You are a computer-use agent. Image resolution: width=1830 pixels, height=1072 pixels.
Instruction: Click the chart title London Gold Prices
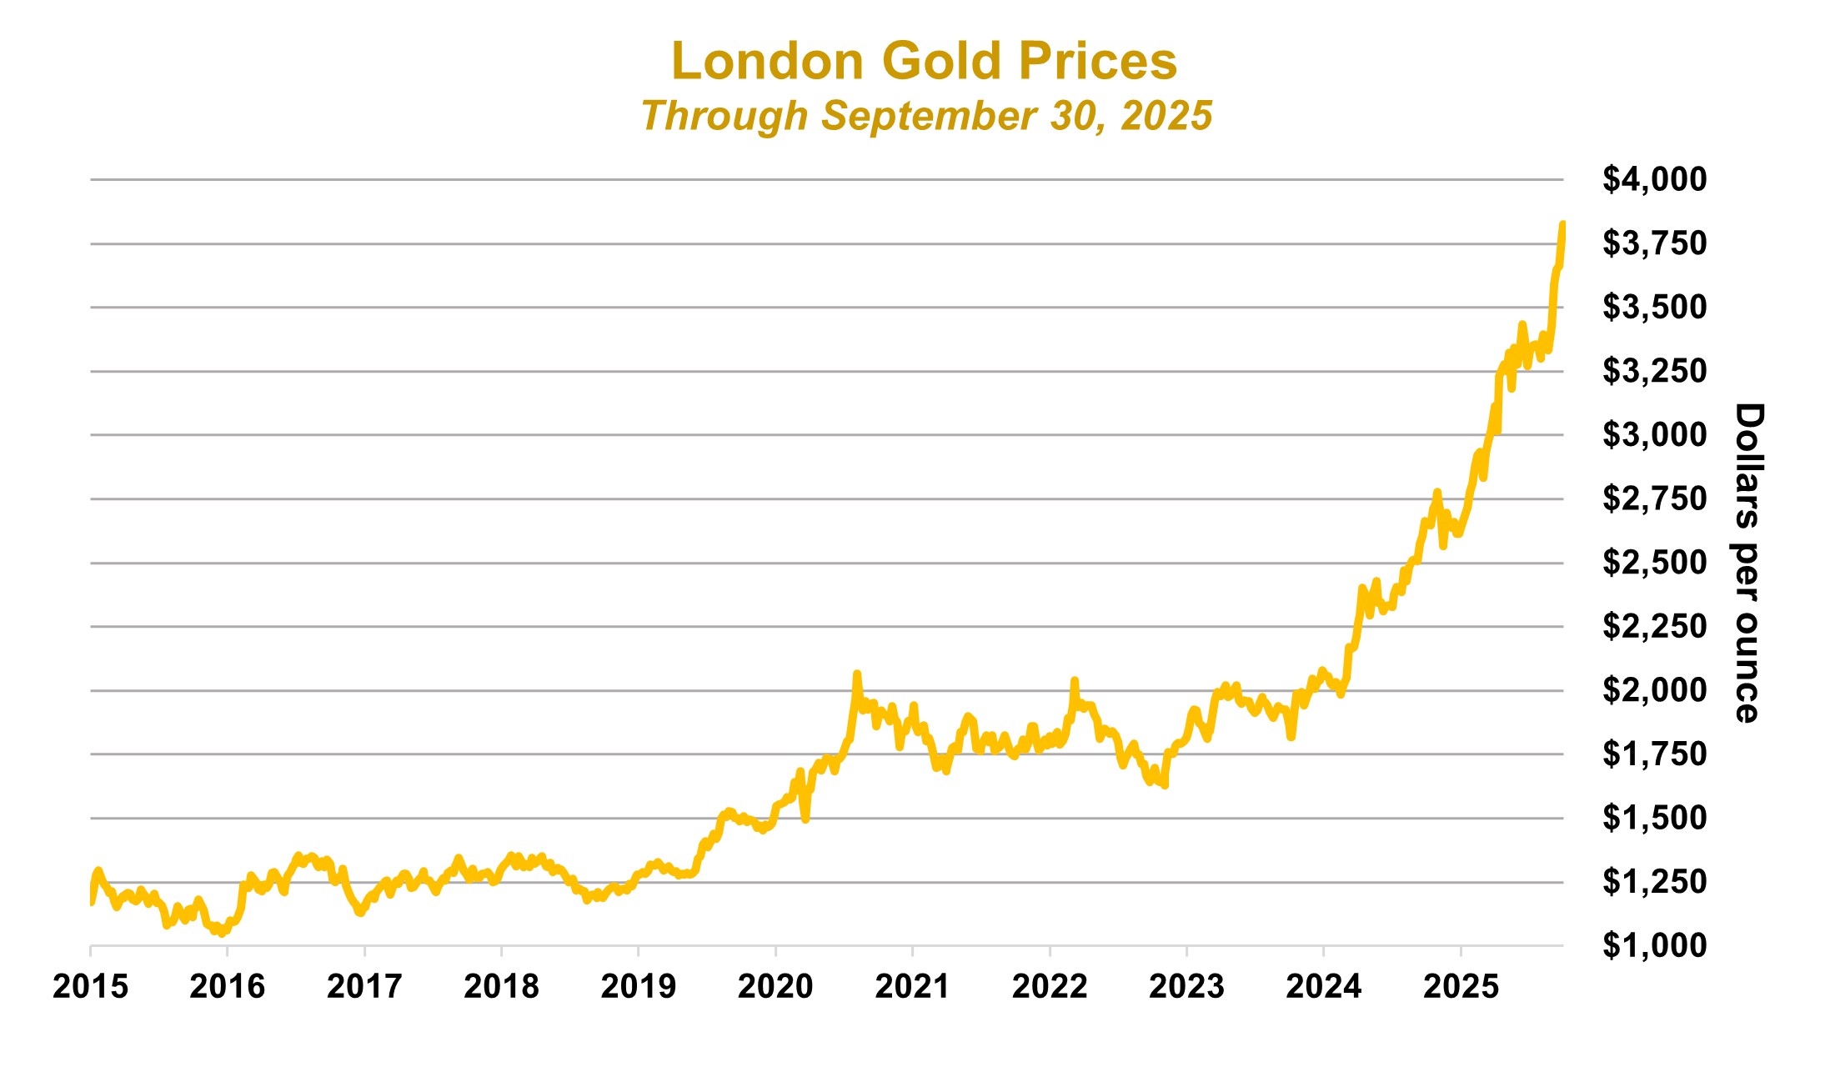[924, 62]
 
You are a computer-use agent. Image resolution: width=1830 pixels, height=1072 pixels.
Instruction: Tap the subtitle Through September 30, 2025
[925, 116]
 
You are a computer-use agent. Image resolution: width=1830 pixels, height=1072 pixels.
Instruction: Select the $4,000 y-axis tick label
[1654, 179]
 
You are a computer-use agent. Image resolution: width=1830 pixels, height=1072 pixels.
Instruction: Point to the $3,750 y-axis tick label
[1654, 243]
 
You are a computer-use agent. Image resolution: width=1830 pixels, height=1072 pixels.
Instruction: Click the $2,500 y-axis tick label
[1654, 563]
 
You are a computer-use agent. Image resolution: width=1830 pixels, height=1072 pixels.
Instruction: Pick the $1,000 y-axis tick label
[1654, 945]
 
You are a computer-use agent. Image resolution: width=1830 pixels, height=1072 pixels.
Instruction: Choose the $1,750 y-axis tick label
[1654, 754]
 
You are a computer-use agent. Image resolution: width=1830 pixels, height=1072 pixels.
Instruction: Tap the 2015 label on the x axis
[90, 987]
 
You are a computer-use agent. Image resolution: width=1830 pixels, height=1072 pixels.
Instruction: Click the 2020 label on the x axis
[775, 987]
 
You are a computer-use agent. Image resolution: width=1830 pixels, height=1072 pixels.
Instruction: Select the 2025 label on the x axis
[1461, 987]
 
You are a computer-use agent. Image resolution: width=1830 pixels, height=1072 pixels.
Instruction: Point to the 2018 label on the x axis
[501, 987]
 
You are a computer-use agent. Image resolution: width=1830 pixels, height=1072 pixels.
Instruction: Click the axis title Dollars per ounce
[1748, 563]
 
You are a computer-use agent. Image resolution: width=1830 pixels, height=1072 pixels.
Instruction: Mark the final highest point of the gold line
[1562, 223]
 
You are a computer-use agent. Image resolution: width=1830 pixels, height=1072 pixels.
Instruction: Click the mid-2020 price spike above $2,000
[856, 674]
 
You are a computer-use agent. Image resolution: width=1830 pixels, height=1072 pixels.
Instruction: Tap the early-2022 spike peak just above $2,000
[1075, 680]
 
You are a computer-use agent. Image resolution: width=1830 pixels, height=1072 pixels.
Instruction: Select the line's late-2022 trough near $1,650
[1164, 785]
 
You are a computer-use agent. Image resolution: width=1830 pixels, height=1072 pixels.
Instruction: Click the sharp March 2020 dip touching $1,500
[805, 819]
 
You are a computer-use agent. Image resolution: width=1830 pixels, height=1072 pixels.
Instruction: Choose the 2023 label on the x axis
[1186, 987]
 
